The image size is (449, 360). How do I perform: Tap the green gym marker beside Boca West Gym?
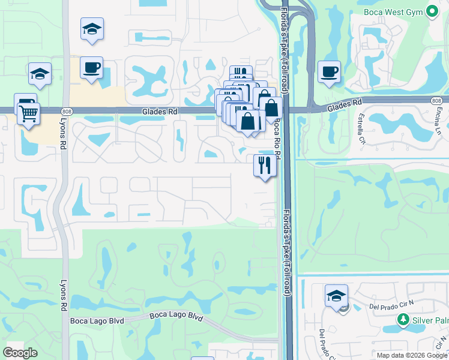(432, 11)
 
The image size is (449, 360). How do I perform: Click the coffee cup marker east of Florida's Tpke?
(329, 73)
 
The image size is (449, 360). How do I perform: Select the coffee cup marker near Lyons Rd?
(92, 68)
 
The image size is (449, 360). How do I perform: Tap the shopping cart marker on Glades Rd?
(28, 113)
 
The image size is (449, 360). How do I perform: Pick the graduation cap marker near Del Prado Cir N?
(336, 296)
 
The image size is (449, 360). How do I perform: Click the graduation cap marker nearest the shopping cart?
(40, 74)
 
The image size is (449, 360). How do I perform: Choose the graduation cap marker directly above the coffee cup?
(92, 29)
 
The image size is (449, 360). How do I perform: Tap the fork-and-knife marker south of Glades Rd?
(265, 164)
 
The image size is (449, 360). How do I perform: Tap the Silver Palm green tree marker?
(405, 320)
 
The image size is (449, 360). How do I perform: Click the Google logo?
(20, 353)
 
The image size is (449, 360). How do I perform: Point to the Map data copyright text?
(412, 355)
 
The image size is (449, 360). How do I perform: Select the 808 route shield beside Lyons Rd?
(67, 110)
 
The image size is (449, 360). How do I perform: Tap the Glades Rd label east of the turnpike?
(345, 107)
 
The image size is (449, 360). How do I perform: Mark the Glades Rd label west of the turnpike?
(155, 111)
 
